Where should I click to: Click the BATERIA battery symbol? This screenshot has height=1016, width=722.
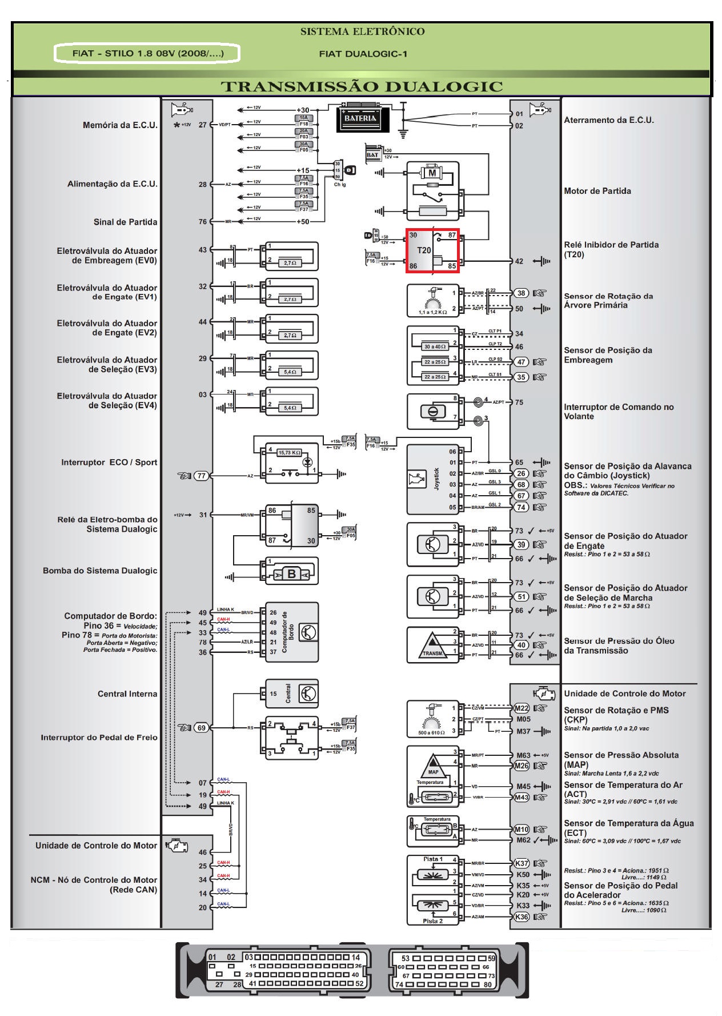[x=360, y=118]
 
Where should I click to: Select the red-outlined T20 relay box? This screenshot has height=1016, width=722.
[x=432, y=250]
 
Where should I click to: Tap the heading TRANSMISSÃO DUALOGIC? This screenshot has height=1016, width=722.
[x=362, y=87]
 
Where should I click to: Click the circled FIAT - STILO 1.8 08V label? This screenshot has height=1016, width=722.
[x=147, y=54]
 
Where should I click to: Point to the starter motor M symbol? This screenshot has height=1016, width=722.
[x=432, y=172]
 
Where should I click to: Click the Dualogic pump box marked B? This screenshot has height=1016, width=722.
[x=291, y=573]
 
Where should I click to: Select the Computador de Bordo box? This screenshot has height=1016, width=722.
[x=291, y=632]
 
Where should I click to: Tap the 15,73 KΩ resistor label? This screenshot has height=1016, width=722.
[x=290, y=452]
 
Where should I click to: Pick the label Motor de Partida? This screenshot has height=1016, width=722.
[x=597, y=191]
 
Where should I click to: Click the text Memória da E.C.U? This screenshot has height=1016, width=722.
[x=120, y=125]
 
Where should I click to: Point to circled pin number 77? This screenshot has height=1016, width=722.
[x=201, y=476]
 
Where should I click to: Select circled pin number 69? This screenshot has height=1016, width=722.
[x=201, y=728]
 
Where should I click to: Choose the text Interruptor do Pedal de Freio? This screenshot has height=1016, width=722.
[x=99, y=738]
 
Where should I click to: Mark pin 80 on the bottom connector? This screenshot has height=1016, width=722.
[x=487, y=985]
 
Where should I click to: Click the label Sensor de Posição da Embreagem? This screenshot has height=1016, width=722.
[x=608, y=355]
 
